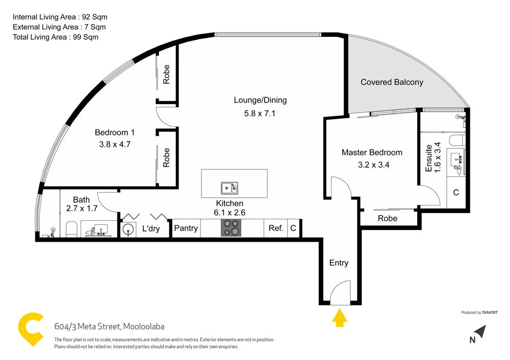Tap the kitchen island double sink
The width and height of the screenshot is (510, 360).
coord(229,188)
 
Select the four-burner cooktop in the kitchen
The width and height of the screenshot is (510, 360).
coord(232,227)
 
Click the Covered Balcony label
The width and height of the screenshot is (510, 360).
coord(392,82)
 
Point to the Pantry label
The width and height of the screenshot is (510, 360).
coord(186,228)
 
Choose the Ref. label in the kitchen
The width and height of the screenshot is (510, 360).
coord(276,228)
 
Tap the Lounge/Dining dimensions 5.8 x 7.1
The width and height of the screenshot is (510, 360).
coord(260,113)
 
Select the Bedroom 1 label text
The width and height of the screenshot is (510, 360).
coord(115,133)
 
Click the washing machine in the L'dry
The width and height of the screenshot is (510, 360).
coord(128,229)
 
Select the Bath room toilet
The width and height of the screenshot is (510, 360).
coord(71,229)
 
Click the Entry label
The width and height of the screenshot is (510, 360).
coord(339,263)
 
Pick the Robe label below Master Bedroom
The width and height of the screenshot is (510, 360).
coord(388,218)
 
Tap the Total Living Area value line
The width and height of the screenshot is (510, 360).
coord(56,37)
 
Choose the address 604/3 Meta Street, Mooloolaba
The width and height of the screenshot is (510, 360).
coord(109,326)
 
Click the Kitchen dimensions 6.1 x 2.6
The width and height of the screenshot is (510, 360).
coord(229,213)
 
